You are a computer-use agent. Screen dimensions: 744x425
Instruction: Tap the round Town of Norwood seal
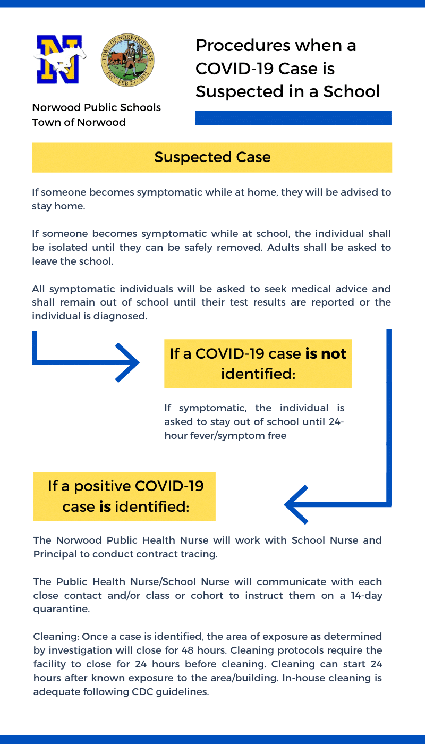[x=127, y=60]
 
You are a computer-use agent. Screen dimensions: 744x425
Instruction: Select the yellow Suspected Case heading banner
[x=212, y=157]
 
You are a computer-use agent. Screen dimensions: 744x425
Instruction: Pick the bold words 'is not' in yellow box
[x=326, y=353]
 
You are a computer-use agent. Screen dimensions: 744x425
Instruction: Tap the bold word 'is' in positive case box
[x=105, y=506]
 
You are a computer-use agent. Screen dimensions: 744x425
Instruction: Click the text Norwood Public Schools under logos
[x=96, y=107]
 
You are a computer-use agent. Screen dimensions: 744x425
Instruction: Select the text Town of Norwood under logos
[x=79, y=122]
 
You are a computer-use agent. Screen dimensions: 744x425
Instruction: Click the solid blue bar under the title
[x=293, y=117]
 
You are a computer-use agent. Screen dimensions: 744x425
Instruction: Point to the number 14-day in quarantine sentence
[x=365, y=595]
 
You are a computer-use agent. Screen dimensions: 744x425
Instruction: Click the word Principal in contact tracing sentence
[x=55, y=554]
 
